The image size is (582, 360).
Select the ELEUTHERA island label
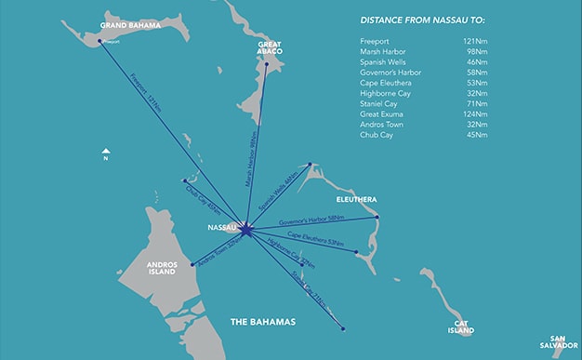356,198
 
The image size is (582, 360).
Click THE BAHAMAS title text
262,322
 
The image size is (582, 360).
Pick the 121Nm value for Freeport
473,42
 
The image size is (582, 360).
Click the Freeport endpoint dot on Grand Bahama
99,40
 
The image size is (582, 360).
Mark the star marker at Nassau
244,227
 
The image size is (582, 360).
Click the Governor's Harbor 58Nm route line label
311,220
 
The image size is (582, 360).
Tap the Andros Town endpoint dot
192,264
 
